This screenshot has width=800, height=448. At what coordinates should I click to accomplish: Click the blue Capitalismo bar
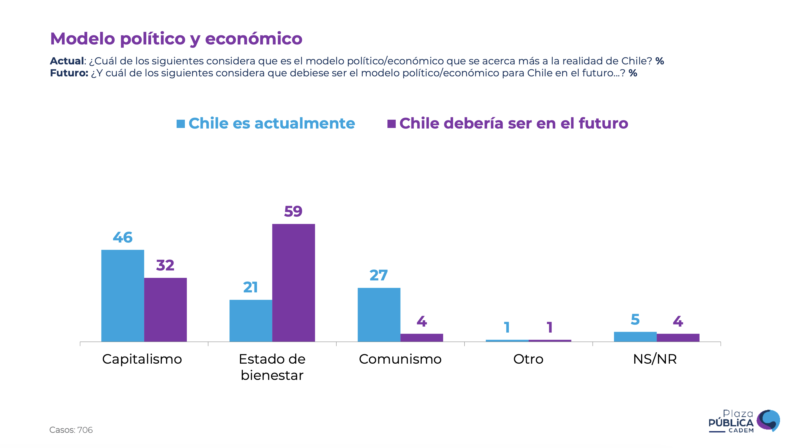pyautogui.click(x=123, y=295)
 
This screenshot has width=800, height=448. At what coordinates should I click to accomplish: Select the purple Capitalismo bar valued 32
pyautogui.click(x=165, y=309)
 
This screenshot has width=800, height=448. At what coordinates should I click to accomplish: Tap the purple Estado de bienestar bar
pyautogui.click(x=294, y=282)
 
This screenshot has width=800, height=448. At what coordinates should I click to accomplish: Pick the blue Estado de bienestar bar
pyautogui.click(x=250, y=321)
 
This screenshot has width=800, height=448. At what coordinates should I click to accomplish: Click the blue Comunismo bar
pyautogui.click(x=379, y=315)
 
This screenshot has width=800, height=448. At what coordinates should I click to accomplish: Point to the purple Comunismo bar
pyautogui.click(x=421, y=337)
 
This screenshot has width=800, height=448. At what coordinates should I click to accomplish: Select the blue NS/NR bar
pyautogui.click(x=635, y=337)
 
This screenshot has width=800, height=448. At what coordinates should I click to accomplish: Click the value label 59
pyautogui.click(x=293, y=211)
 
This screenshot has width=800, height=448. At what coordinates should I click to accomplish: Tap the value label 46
pyautogui.click(x=123, y=237)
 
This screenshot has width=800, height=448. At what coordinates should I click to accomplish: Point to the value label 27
pyautogui.click(x=379, y=275)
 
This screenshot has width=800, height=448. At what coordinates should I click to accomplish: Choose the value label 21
pyautogui.click(x=250, y=287)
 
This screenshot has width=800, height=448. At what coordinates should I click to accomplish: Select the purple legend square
pyautogui.click(x=391, y=124)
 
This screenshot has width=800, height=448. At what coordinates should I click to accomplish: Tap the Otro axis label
pyautogui.click(x=528, y=359)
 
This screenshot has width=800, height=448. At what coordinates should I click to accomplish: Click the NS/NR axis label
pyautogui.click(x=655, y=359)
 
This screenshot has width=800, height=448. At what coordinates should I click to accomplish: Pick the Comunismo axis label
pyautogui.click(x=400, y=359)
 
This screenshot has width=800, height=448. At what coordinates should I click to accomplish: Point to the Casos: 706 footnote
pyautogui.click(x=71, y=430)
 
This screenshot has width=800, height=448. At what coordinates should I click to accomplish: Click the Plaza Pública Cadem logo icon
pyautogui.click(x=768, y=420)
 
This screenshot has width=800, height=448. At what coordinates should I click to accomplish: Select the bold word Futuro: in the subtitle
pyautogui.click(x=69, y=73)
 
